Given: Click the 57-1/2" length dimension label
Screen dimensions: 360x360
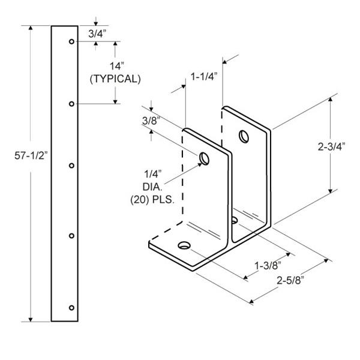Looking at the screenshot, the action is pyautogui.click(x=31, y=155).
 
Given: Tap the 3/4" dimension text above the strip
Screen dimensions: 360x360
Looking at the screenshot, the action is pyautogui.click(x=97, y=34).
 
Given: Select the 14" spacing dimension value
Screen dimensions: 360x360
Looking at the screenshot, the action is pyautogui.click(x=116, y=67).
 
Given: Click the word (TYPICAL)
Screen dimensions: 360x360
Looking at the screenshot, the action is pyautogui.click(x=115, y=79).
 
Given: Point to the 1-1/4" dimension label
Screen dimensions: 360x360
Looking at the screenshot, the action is pyautogui.click(x=204, y=77).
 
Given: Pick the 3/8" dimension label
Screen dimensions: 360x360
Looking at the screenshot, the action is pyautogui.click(x=151, y=121).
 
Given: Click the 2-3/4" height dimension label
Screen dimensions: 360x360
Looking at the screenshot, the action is pyautogui.click(x=332, y=146).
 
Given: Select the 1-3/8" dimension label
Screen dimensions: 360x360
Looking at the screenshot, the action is pyautogui.click(x=268, y=266).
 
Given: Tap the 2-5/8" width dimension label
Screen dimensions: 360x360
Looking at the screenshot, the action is pyautogui.click(x=290, y=280).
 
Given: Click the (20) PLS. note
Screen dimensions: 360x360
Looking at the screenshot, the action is pyautogui.click(x=152, y=200).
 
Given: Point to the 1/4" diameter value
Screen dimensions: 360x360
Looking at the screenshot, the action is pyautogui.click(x=152, y=174).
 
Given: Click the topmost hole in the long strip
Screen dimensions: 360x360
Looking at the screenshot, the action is pyautogui.click(x=71, y=41).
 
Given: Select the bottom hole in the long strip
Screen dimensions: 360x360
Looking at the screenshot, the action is pyautogui.click(x=71, y=308).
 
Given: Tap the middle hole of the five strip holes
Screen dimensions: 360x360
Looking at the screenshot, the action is pyautogui.click(x=71, y=166).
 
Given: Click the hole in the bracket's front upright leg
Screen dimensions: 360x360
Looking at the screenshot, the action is pyautogui.click(x=204, y=158).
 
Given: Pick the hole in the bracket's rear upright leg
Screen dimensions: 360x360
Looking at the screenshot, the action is pyautogui.click(x=244, y=136).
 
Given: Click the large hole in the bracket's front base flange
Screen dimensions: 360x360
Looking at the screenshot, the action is pyautogui.click(x=184, y=245).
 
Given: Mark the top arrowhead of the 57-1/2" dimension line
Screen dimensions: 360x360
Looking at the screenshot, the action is pyautogui.click(x=31, y=28).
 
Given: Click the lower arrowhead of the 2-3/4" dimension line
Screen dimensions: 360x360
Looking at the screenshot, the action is pyautogui.click(x=331, y=191).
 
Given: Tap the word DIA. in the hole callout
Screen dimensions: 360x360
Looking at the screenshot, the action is pyautogui.click(x=152, y=187).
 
